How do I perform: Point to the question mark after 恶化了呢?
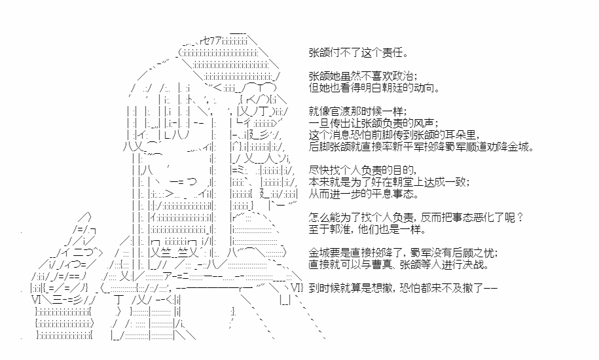519,217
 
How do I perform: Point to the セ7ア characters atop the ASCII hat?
212,41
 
